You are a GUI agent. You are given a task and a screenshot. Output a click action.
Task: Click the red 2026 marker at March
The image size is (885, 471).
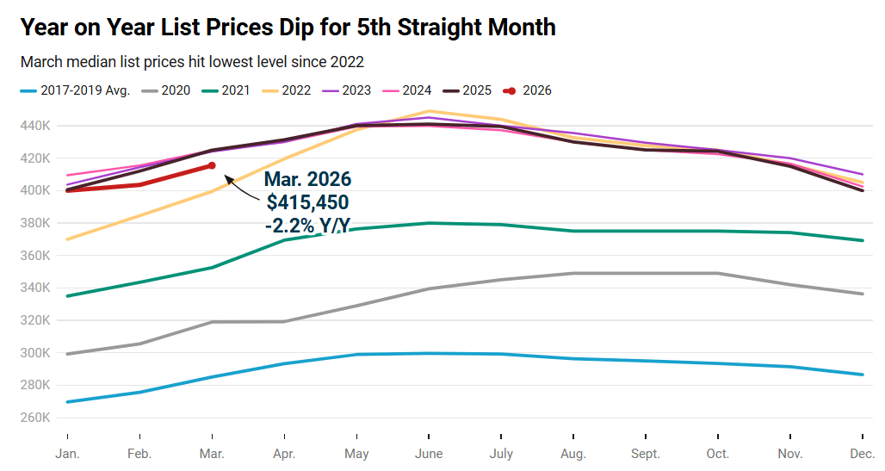point(212,165)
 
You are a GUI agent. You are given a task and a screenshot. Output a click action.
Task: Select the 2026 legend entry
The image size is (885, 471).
point(527,90)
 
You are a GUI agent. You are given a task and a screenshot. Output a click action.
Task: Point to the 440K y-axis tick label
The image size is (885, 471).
point(36,126)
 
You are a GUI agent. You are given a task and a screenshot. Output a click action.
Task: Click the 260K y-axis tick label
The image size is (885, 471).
point(36,418)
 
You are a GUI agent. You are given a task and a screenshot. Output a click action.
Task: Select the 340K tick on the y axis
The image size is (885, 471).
point(36,288)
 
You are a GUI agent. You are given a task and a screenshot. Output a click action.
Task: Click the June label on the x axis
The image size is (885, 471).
point(429,454)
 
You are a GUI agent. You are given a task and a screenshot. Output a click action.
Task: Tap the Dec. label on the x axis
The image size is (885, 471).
point(862,454)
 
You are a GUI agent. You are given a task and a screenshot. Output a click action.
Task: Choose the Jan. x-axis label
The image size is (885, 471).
point(67,454)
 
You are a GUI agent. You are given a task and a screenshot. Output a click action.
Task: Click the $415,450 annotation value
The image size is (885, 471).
point(307,203)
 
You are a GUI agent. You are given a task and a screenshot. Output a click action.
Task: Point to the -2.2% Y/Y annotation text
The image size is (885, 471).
point(307,226)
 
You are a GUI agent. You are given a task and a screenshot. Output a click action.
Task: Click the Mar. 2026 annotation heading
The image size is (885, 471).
point(307,180)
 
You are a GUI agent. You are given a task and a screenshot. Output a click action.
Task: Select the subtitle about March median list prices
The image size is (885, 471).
point(192,62)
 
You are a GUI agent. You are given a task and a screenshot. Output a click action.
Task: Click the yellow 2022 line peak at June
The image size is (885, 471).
point(429,111)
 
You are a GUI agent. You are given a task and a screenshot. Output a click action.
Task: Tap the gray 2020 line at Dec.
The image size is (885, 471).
point(862,294)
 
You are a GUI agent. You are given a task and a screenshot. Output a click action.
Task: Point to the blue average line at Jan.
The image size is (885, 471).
point(67,402)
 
